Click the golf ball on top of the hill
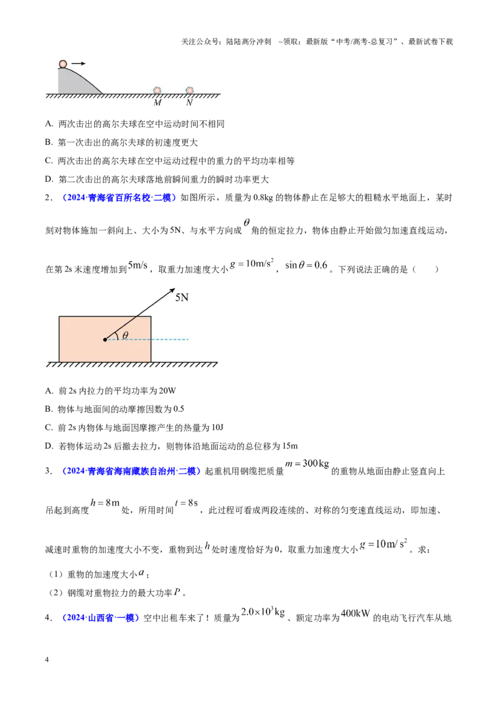(x=63, y=64)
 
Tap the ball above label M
(x=157, y=90)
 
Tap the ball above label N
(x=190, y=90)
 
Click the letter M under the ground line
(x=157, y=103)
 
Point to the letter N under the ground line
(x=189, y=103)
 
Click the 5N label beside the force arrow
(x=182, y=298)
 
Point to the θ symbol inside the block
(x=125, y=335)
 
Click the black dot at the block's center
(x=105, y=339)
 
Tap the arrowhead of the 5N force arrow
(x=172, y=291)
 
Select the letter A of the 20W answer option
(x=49, y=390)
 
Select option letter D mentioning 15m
(x=49, y=446)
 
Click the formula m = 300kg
(x=307, y=463)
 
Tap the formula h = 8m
(x=105, y=503)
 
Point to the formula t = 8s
(x=187, y=503)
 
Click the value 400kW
(x=355, y=613)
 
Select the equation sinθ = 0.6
(x=306, y=265)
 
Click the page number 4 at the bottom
(x=47, y=660)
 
